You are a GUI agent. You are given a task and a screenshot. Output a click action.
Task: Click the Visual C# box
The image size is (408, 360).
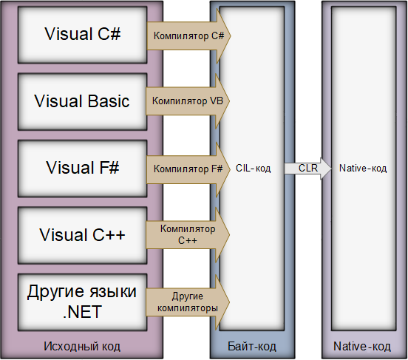pyautogui.click(x=81, y=35)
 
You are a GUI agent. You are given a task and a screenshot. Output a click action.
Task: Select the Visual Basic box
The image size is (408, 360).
pyautogui.click(x=81, y=101)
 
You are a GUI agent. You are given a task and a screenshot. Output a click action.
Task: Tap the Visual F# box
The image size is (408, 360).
pyautogui.click(x=81, y=169)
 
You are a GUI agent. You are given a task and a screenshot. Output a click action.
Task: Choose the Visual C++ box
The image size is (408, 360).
pyautogui.click(x=81, y=235)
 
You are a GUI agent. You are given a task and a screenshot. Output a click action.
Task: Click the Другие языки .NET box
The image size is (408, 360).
pyautogui.click(x=81, y=301)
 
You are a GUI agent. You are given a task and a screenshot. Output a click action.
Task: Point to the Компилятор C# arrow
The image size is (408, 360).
pyautogui.click(x=188, y=35)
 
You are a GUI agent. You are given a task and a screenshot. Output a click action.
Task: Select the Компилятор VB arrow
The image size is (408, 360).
pyautogui.click(x=188, y=101)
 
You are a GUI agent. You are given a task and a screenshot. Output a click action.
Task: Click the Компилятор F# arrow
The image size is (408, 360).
pyautogui.click(x=188, y=169)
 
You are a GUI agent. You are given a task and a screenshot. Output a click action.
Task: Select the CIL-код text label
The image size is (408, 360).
pyautogui.click(x=253, y=169)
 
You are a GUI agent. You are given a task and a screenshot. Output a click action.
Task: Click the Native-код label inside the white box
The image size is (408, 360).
pyautogui.click(x=362, y=169)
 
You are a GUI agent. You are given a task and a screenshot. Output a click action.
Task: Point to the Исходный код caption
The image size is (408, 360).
pyautogui.click(x=81, y=346)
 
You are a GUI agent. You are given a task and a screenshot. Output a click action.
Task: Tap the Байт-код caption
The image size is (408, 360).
pyautogui.click(x=253, y=346)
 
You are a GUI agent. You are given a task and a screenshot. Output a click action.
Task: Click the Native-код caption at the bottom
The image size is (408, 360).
pyautogui.click(x=362, y=346)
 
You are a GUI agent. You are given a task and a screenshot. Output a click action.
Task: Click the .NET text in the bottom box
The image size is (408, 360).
pyautogui.click(x=81, y=311)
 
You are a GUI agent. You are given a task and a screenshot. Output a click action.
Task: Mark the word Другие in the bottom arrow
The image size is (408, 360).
pyautogui.click(x=188, y=295)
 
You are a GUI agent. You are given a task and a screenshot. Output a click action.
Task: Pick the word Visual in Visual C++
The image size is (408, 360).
pyautogui.click(x=63, y=235)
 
